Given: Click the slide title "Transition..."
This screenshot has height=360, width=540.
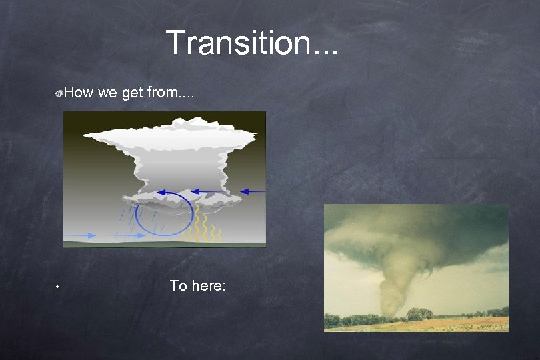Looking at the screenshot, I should tap(252, 43).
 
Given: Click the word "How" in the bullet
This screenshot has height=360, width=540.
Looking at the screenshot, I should tap(79, 93).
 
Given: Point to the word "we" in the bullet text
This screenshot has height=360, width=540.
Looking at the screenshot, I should tap(107, 93).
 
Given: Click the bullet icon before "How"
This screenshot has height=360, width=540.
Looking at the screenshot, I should tap(60, 94).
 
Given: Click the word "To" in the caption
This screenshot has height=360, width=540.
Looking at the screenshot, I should tap(177, 286).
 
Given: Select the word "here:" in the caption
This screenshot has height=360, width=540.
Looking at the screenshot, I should tap(209, 286).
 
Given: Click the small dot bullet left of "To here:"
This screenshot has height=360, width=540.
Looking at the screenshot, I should tap(58, 287).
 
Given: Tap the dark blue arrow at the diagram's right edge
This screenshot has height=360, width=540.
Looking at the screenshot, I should tap(253, 192).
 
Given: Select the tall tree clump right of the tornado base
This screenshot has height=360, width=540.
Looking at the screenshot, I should tap(418, 313).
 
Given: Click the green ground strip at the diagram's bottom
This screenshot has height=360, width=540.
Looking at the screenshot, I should tap(164, 244).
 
